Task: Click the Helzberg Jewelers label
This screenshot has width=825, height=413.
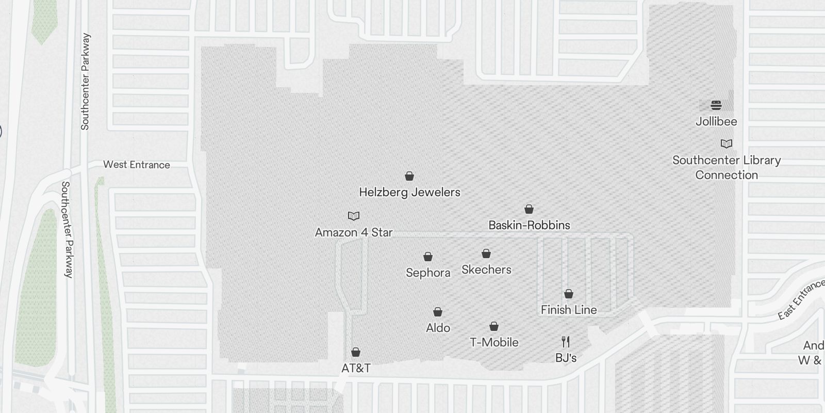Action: coord(409,192)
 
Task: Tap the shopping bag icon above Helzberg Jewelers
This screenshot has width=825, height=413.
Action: coord(409,177)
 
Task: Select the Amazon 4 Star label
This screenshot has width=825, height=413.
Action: coord(354,232)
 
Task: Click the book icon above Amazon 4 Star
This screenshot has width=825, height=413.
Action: coord(354,216)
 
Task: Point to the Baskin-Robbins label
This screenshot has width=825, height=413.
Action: coord(529,225)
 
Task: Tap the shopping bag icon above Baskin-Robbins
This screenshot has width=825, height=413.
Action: coord(529,209)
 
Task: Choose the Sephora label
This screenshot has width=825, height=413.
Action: coord(428,273)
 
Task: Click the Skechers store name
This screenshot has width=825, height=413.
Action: coord(486,269)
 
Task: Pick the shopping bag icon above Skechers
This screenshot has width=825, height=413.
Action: coord(486,253)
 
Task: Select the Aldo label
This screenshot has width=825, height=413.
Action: coord(438,328)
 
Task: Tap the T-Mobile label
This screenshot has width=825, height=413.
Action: coord(494,342)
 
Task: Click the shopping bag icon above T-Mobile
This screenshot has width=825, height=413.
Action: coord(494,326)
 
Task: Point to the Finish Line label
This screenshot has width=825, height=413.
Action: coord(569,310)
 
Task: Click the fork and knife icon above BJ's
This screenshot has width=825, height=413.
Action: coord(566,341)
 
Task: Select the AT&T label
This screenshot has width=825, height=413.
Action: coord(356,368)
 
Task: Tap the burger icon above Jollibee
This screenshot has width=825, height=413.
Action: coord(716,105)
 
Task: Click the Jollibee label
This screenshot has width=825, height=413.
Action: coord(716,121)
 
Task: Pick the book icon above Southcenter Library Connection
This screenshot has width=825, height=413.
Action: coord(727,144)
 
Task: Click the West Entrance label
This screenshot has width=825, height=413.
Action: coord(137,165)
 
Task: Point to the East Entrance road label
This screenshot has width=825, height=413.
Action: coord(801,300)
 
